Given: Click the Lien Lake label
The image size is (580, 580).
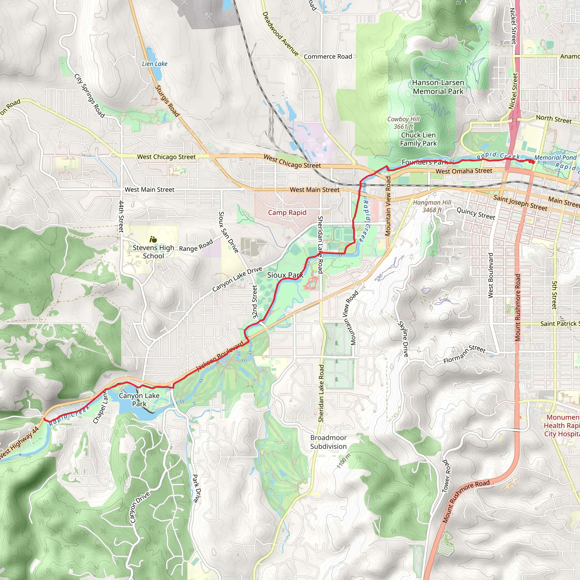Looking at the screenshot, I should pos(155,64).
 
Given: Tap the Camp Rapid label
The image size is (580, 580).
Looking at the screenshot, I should pos(287,213).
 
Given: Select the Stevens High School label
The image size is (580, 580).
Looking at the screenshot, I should pos(153,252).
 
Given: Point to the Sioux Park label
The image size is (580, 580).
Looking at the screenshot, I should pos(285,275).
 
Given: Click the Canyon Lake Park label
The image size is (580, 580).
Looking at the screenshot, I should pos(139,400).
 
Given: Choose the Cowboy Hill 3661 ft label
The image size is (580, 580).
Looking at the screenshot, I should pos(403,123).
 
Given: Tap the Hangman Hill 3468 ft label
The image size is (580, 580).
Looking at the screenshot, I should pos(432,206).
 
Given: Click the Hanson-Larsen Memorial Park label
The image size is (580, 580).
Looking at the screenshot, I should pos(438,87).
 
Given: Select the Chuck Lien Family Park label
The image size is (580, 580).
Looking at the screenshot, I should pos(418,139).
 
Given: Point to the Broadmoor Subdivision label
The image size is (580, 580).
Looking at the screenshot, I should pos(329,442).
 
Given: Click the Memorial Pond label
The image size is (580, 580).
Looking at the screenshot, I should pos(555,158).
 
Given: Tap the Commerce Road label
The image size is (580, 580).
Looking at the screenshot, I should pos(328,56).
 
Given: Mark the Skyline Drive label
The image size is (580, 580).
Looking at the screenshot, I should pos(403,339).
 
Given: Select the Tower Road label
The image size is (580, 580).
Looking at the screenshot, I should pos(446,476).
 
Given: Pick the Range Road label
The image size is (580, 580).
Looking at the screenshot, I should pos(196,245).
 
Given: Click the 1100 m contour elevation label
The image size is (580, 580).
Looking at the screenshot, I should pos(344,461).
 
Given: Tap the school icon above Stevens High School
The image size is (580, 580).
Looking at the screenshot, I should pos(153,239).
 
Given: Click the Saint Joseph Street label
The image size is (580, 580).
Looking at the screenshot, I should pos(520,203).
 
